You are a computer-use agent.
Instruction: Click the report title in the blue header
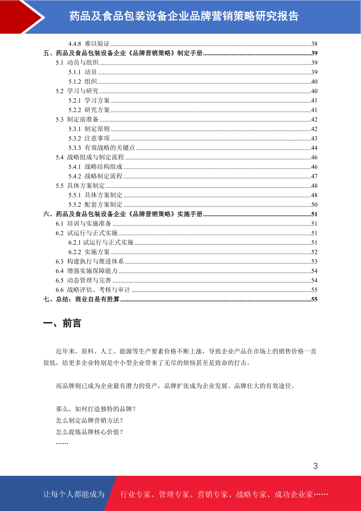pyautogui.click(x=184, y=16)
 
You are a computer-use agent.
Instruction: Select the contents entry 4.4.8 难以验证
pyautogui.click(x=89, y=44)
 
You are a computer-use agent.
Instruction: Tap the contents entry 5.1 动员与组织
pyautogui.click(x=77, y=63)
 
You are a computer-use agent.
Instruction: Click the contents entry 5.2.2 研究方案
pyautogui.click(x=89, y=110)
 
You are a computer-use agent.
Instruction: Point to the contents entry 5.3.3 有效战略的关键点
pyautogui.click(x=102, y=148)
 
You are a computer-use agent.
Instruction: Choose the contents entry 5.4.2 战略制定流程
pyautogui.click(x=95, y=176)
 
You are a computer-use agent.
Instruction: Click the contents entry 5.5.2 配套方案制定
pyautogui.click(x=95, y=205)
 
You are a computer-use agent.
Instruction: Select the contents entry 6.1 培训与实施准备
pyautogui.click(x=83, y=224)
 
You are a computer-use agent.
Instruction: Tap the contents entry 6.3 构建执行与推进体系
pyautogui.click(x=90, y=262)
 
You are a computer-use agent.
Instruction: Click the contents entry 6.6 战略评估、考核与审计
pyautogui.click(x=93, y=290)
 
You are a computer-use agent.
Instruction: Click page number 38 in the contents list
pyautogui.click(x=314, y=44)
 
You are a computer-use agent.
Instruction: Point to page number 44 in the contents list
pyautogui.click(x=314, y=148)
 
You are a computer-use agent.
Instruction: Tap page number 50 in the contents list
pyautogui.click(x=314, y=205)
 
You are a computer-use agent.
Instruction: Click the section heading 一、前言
pyautogui.click(x=62, y=323)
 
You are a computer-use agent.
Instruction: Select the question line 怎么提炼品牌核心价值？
pyautogui.click(x=90, y=432)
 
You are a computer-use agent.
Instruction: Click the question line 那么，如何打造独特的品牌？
pyautogui.click(x=96, y=409)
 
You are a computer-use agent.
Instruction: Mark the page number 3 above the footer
pyautogui.click(x=316, y=466)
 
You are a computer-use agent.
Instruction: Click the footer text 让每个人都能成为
pyautogui.click(x=74, y=494)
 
